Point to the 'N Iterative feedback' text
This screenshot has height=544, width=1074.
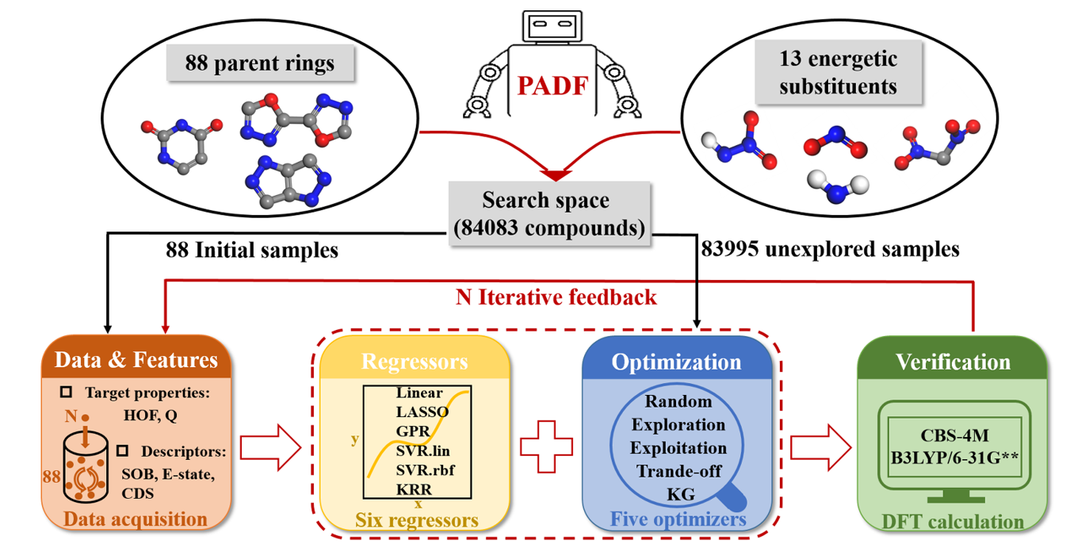[556, 297]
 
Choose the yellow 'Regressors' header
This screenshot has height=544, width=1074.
[415, 362]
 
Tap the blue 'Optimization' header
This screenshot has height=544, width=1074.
[676, 362]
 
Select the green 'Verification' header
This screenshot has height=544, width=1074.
[952, 362]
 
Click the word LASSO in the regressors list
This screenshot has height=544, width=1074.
[422, 412]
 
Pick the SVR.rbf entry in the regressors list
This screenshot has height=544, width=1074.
[426, 469]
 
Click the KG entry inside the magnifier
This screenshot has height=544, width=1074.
[680, 494]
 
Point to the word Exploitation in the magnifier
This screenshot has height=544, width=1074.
[678, 448]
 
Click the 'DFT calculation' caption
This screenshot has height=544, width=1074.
[952, 521]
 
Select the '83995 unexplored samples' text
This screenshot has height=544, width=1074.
[830, 249]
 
